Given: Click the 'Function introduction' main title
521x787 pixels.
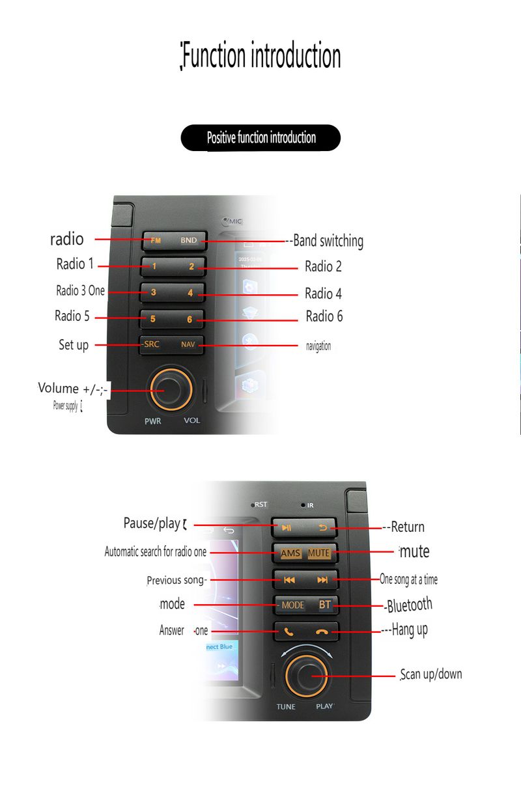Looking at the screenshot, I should [x=260, y=57].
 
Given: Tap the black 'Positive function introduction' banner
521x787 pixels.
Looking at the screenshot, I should [x=260, y=138].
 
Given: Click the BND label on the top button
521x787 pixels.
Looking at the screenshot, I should [x=189, y=240].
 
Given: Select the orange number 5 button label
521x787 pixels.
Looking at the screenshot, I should [x=153, y=319].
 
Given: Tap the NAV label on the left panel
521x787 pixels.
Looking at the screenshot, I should [x=188, y=345].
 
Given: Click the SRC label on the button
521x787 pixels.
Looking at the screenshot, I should [x=152, y=344].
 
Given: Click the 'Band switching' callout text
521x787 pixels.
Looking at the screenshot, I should [x=328, y=241].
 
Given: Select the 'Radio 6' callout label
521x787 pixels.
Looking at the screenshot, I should [x=324, y=316].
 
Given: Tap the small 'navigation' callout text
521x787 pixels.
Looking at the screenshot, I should [x=318, y=346].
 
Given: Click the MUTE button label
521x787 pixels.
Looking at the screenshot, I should [x=319, y=553].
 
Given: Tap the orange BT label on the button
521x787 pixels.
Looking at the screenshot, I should [x=324, y=605].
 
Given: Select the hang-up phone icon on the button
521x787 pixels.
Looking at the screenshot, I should [x=322, y=631].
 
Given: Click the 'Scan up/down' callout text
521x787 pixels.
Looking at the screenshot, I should [x=431, y=674].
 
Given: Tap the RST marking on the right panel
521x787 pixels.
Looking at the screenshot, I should [x=260, y=504].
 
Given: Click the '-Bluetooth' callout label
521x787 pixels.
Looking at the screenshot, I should [x=409, y=605].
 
